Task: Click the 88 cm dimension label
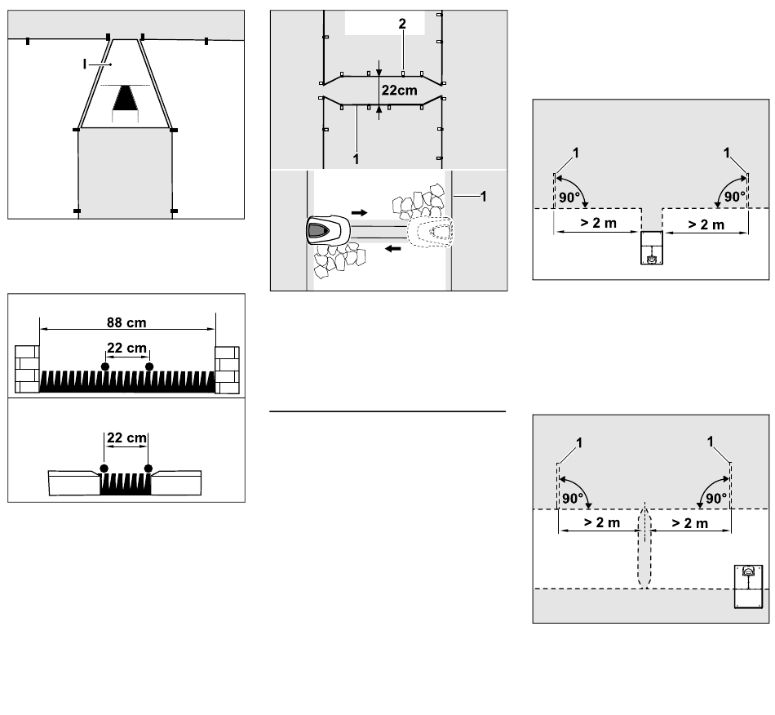tap(126, 322)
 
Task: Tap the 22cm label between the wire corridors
tap(400, 90)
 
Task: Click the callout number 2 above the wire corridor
tap(402, 23)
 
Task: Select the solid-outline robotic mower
tap(328, 230)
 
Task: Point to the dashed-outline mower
tap(429, 233)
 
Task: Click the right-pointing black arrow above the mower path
tap(359, 212)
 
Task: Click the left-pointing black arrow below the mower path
tap(393, 248)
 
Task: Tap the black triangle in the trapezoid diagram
tap(125, 98)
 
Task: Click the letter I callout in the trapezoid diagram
tap(85, 64)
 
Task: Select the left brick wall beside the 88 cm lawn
tap(27, 370)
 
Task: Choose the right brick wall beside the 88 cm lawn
tap(227, 370)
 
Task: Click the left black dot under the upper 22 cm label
tap(104, 366)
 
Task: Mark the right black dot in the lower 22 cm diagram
tap(148, 469)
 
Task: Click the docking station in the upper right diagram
tap(652, 248)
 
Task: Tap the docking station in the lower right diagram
tap(748, 586)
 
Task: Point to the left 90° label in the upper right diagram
tap(569, 198)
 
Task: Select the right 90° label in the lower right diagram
tap(716, 499)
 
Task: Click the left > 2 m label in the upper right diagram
tap(599, 223)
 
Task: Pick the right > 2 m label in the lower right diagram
tap(690, 522)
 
